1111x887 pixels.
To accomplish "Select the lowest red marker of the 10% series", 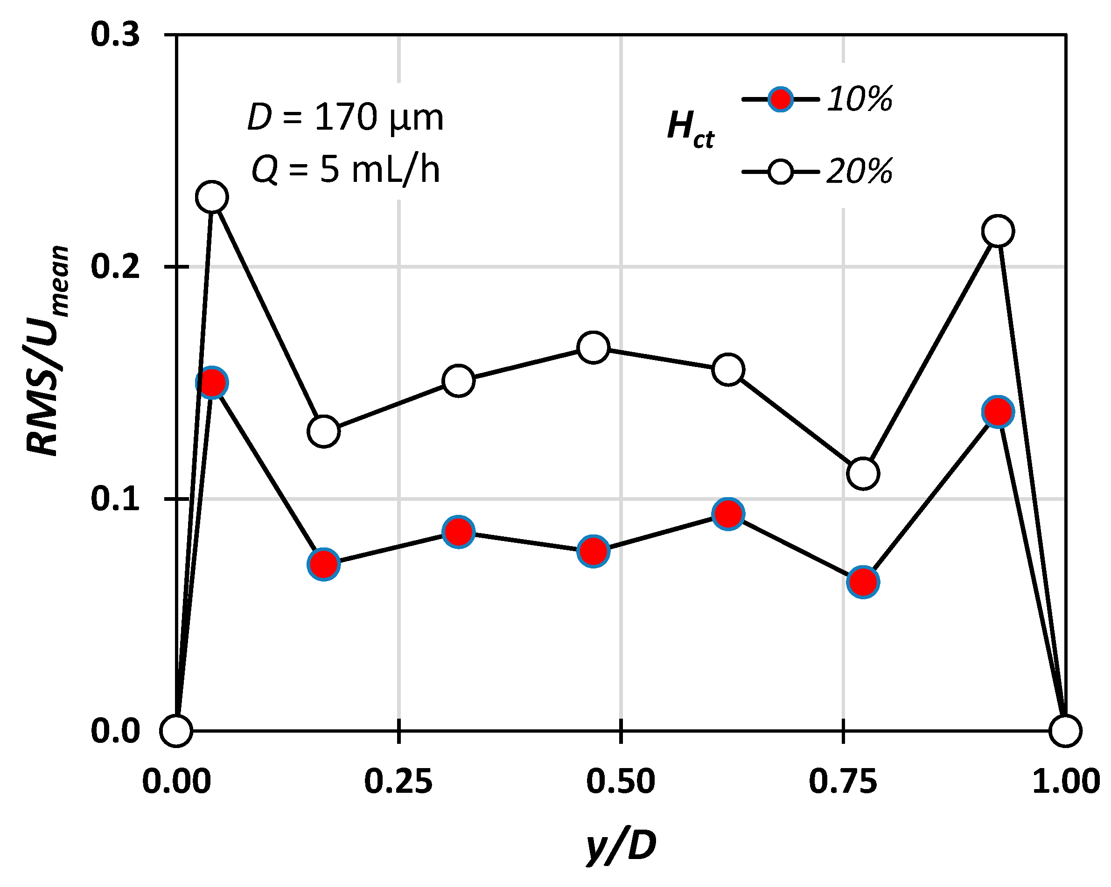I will coord(863,582).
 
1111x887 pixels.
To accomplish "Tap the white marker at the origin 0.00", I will coord(176,730).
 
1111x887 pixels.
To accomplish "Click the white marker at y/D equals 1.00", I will coord(1065,730).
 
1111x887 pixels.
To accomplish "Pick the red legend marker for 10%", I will coord(780,99).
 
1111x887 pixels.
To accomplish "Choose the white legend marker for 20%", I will coord(780,172).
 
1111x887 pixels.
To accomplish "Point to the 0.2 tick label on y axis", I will coord(115,267).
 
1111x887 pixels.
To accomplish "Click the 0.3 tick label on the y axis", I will coord(115,35).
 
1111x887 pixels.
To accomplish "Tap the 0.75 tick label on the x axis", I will coord(843,782).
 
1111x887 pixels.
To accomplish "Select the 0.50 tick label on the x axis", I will coord(621,782).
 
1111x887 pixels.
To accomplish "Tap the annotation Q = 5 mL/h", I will coord(345,170).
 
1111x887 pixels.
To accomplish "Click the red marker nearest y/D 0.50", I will coord(593,551).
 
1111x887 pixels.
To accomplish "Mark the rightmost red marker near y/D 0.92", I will coord(998,412).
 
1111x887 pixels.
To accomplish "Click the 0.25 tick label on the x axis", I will coord(398,782).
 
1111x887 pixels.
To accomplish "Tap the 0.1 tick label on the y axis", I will coord(115,499).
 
